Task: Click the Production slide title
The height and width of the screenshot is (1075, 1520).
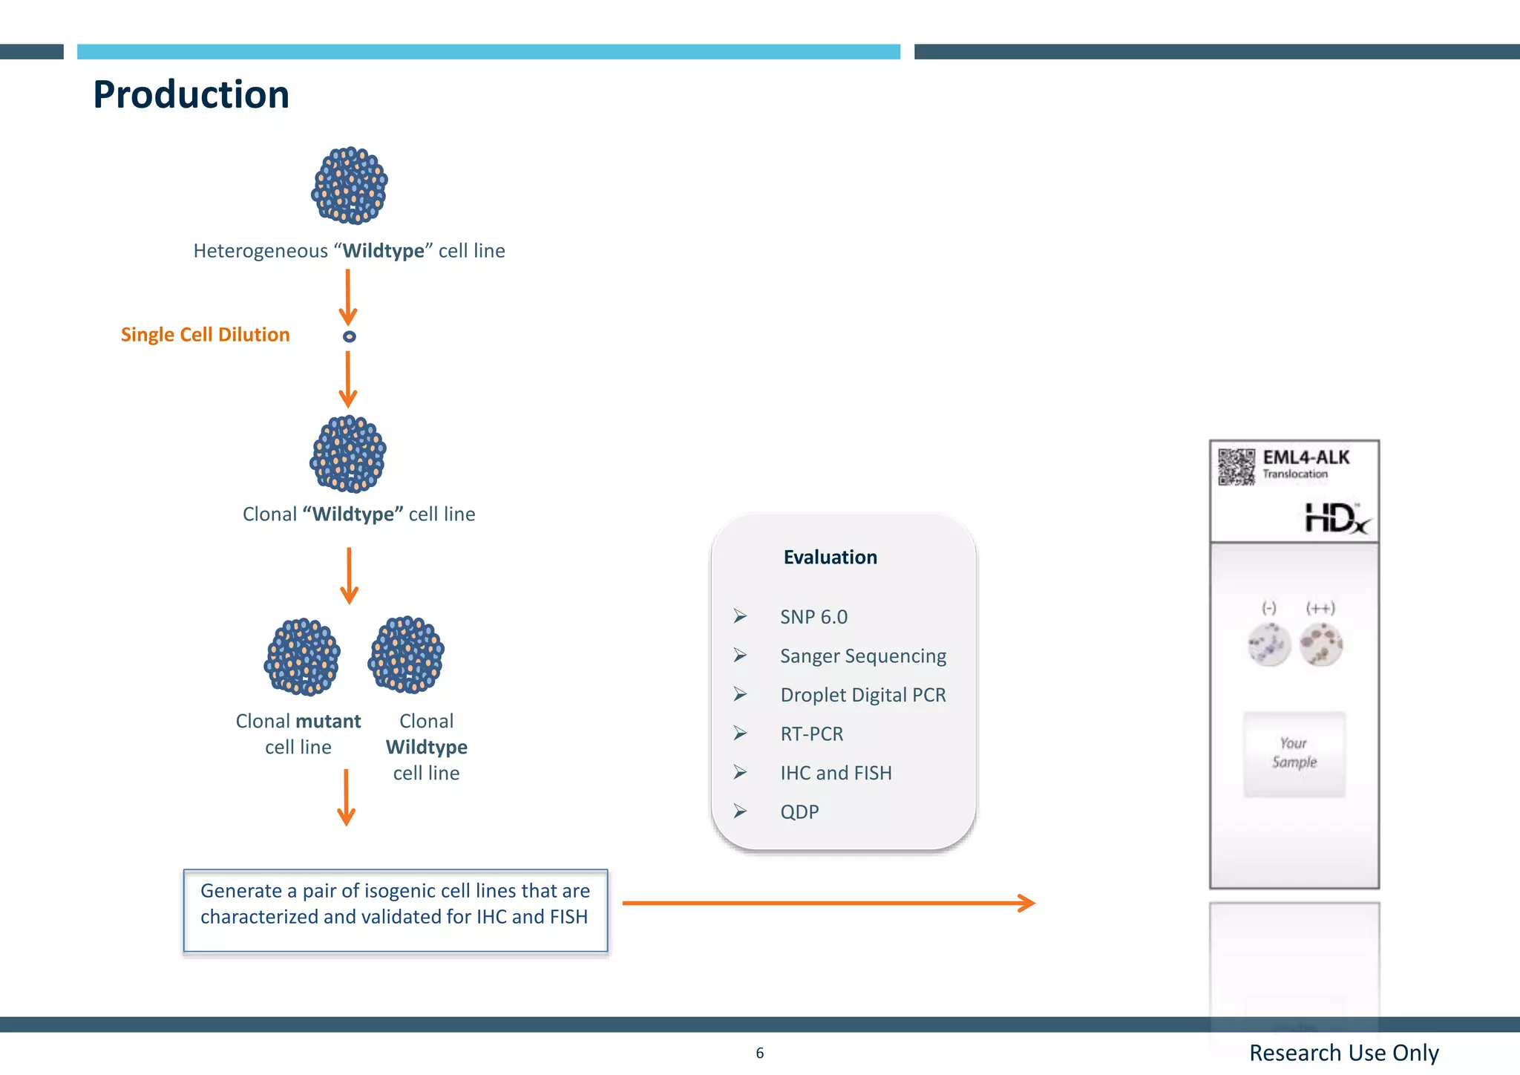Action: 191,95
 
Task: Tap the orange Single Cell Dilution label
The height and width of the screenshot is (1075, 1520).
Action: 205,335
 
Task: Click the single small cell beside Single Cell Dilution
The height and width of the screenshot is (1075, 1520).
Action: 349,336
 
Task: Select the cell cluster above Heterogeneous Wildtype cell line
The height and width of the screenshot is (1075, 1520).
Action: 350,186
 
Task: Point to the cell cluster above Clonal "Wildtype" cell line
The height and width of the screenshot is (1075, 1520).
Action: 348,454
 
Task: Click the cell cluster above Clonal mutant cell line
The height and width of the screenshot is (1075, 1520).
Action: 302,656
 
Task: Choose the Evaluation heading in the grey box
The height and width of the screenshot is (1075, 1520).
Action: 830,557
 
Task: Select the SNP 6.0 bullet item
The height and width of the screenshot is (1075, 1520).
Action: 813,617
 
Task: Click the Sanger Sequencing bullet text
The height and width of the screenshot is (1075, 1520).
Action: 862,656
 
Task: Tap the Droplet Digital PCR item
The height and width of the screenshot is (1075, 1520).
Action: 862,695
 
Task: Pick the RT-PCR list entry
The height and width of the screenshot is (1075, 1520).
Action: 811,734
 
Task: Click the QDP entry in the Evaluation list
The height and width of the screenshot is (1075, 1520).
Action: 799,811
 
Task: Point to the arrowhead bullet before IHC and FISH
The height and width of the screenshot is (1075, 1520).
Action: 740,772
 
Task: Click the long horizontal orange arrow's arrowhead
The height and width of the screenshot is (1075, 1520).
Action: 1027,903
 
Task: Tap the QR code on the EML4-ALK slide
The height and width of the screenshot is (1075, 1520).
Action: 1236,466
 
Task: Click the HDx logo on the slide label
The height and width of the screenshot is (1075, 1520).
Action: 1337,517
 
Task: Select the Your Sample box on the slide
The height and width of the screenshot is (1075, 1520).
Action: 1294,754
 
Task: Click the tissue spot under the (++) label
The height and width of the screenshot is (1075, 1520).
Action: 1320,644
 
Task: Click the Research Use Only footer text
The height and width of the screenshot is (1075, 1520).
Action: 1343,1053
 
